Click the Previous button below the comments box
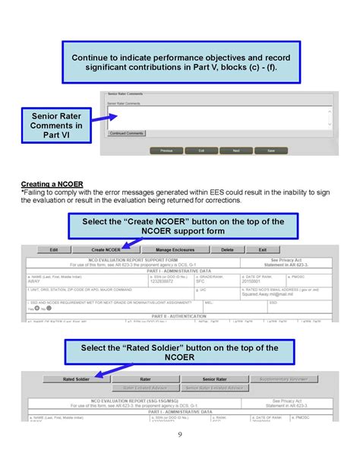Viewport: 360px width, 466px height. pos(166,151)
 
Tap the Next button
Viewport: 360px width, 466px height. pos(236,151)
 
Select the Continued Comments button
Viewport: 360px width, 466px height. pos(126,133)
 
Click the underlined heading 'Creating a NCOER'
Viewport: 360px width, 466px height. pos(52,184)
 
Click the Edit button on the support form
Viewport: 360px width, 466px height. pos(54,249)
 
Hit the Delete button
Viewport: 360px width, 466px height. pos(227,249)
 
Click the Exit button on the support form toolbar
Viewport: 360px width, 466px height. pos(263,249)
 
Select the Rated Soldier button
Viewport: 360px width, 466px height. pos(77,378)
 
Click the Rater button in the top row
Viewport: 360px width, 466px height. pos(145,378)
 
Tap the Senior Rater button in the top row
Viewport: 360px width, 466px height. pos(214,378)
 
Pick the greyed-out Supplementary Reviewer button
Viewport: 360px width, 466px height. pos(283,378)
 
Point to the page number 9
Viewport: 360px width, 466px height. pos(179,434)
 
